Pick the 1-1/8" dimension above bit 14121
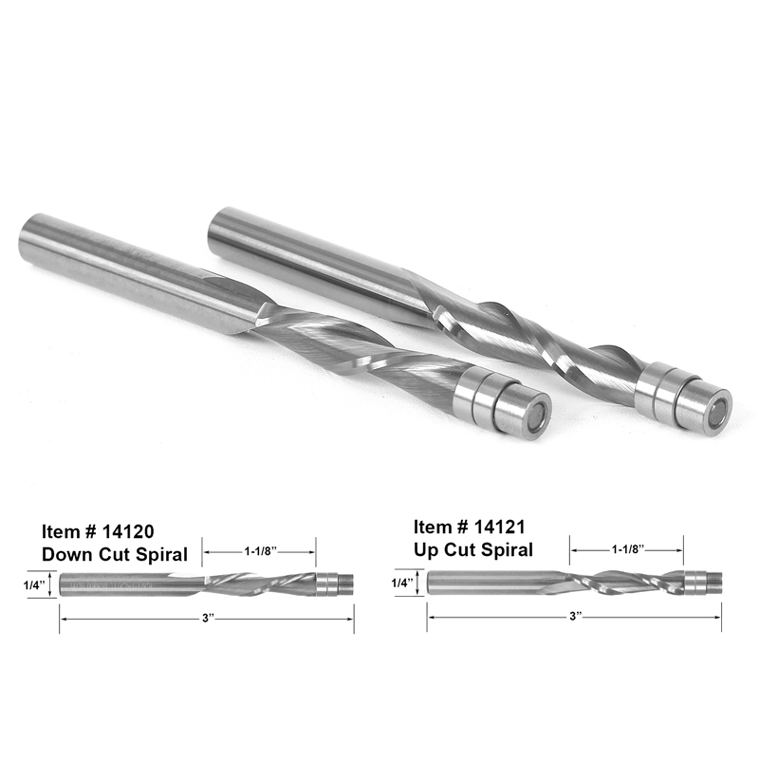pos(627,548)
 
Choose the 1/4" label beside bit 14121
pos(401,583)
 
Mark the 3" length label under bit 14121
pos(575,616)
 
